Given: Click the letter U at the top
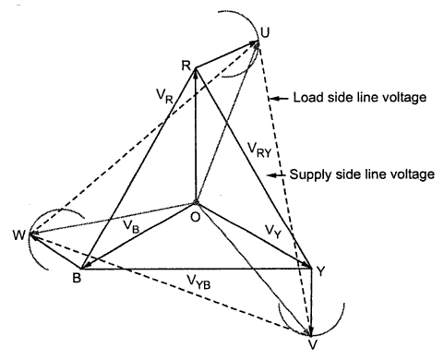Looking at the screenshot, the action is (264, 32).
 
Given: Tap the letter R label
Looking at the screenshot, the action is (186, 66).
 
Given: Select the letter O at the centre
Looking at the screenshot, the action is (196, 217).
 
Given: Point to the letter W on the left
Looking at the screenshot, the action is (19, 235).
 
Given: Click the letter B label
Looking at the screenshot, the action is (77, 278).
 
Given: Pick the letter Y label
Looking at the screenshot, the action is (320, 271).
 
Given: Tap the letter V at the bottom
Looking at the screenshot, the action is (313, 344).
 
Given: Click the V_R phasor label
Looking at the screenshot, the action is (164, 96).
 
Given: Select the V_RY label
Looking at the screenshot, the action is (259, 150).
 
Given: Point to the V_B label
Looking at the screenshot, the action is (131, 226).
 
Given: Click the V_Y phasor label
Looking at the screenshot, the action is (273, 231).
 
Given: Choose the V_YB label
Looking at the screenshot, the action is (198, 282).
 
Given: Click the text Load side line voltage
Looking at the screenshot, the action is (360, 97).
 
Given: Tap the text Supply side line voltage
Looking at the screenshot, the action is (362, 174).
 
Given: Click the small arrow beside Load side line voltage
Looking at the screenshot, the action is (280, 99).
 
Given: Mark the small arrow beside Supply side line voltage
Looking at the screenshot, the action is (276, 175).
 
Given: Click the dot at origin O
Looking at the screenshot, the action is (195, 202).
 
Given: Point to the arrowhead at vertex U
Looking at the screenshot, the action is (256, 43).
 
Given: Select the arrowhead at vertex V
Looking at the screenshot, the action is (310, 330).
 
